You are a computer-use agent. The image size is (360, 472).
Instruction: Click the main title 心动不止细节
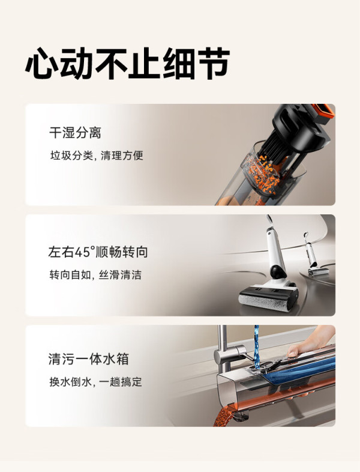tap(127, 63)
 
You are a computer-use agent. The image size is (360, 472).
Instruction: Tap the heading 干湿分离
tap(75, 133)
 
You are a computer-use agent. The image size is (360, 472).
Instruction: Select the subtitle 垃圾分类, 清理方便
tap(97, 156)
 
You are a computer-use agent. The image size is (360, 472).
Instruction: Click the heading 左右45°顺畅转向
tap(98, 252)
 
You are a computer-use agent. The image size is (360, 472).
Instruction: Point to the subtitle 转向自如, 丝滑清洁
tap(95, 275)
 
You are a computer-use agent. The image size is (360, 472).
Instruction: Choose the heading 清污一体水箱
tap(88, 359)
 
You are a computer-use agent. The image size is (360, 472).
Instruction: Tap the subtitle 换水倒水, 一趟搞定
tap(95, 382)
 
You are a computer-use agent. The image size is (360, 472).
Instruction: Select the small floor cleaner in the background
tap(314, 255)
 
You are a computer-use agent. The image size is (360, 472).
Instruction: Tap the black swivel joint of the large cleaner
tap(278, 271)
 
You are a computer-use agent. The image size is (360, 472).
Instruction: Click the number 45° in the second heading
tap(85, 252)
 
